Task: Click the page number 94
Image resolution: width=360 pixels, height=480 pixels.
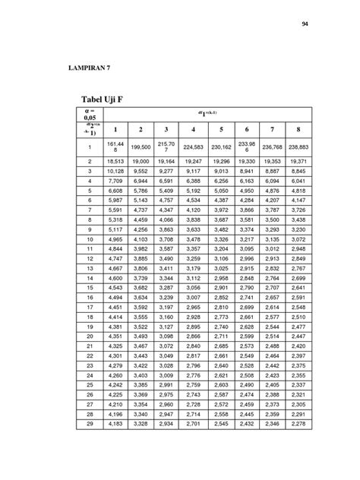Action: click(x=305, y=25)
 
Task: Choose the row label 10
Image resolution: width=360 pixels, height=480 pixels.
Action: click(x=89, y=239)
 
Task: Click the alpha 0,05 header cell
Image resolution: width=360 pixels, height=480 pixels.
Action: click(x=89, y=113)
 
